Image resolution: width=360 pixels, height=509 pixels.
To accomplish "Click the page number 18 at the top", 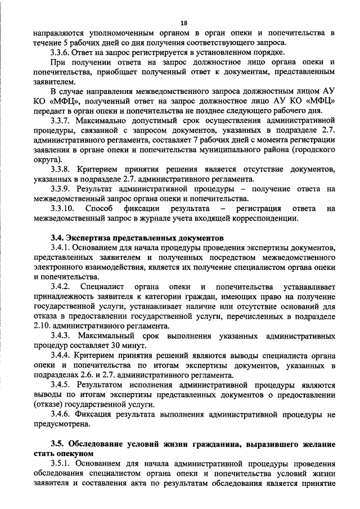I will (x=183, y=23).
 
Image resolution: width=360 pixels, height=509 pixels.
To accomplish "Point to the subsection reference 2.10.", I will (x=43, y=326).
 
